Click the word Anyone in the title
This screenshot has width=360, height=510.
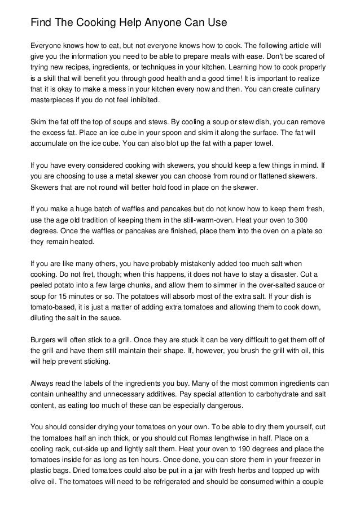pyautogui.click(x=164, y=23)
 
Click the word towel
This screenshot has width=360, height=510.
pyautogui.click(x=263, y=143)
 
